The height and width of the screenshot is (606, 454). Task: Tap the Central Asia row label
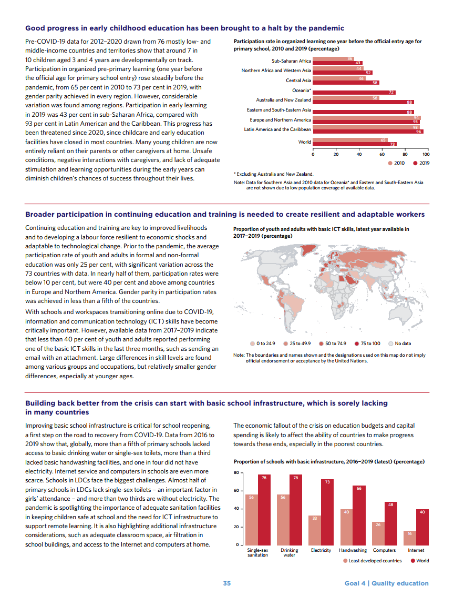(298, 80)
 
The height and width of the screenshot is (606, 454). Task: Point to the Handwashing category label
(353, 550)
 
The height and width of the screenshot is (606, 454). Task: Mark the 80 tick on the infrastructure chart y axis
(236, 473)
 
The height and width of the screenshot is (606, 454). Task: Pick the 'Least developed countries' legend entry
(373, 561)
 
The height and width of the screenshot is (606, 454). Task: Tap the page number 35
(226, 583)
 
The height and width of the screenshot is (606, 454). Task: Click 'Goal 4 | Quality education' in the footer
(386, 583)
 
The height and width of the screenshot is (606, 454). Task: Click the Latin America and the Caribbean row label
(277, 129)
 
